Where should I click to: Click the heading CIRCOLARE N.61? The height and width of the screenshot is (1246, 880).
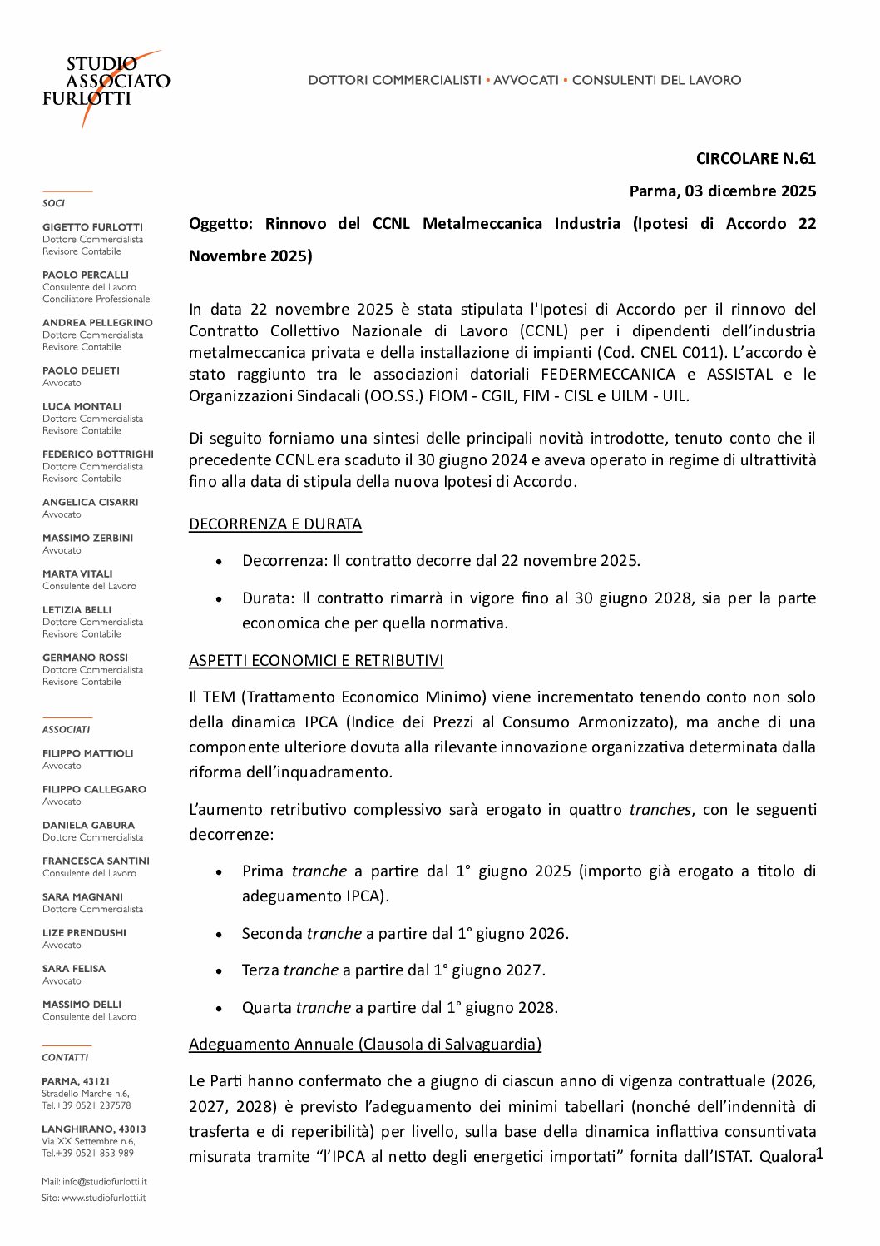click(x=755, y=159)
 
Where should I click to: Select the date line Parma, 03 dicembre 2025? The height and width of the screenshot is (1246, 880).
click(x=722, y=191)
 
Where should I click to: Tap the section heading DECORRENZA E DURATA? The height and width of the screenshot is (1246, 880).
click(x=275, y=524)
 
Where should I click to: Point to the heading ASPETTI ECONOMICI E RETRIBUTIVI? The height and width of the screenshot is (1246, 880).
click(x=316, y=661)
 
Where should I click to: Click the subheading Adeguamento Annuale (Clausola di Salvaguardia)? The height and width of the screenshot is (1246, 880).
click(x=365, y=1045)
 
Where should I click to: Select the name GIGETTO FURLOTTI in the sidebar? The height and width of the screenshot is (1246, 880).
click(x=92, y=227)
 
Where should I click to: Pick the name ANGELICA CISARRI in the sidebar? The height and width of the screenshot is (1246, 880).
click(x=90, y=503)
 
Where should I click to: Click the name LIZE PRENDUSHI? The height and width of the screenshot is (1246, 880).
click(x=84, y=933)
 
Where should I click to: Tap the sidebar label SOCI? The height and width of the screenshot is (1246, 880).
click(x=53, y=203)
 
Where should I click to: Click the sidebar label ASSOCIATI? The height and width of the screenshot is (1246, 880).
click(x=66, y=730)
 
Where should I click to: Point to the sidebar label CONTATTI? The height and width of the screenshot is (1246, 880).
click(x=65, y=1058)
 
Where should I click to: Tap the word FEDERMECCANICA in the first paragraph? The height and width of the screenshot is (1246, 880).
click(x=608, y=375)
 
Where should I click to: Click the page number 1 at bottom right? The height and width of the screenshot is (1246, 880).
click(x=819, y=1153)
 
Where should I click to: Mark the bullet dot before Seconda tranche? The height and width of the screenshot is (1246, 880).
click(x=219, y=935)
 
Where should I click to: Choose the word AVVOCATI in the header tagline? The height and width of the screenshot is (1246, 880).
click(x=526, y=80)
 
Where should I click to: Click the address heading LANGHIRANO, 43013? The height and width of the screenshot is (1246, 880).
click(x=93, y=1129)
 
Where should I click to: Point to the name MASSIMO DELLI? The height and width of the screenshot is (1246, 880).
click(x=82, y=1005)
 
